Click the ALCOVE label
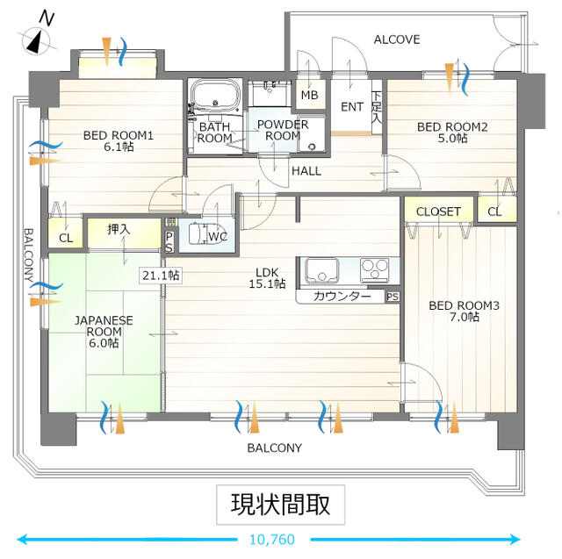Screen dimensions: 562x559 (x=397, y=39)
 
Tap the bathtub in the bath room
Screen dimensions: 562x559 (x=215, y=94)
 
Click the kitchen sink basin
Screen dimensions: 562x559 (x=321, y=270)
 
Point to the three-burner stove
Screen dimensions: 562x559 (x=375, y=269)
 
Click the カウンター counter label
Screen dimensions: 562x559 (x=342, y=297)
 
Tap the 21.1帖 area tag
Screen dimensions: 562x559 (x=161, y=276)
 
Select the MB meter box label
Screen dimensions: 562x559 (x=310, y=95)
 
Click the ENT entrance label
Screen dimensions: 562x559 (x=352, y=107)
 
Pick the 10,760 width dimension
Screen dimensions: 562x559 (x=272, y=540)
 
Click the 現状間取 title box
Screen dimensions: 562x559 (x=281, y=505)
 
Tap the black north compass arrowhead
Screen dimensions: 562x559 (x=33, y=43)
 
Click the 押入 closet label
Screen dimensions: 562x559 (x=119, y=230)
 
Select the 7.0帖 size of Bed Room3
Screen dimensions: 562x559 (x=465, y=317)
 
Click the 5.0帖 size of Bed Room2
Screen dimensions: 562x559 (x=452, y=139)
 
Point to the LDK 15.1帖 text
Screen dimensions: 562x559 (x=267, y=278)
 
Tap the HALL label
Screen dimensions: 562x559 (x=306, y=171)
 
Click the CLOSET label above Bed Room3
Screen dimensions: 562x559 (x=438, y=211)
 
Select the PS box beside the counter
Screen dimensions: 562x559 (x=393, y=297)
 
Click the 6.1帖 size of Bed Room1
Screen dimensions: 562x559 (x=119, y=147)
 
